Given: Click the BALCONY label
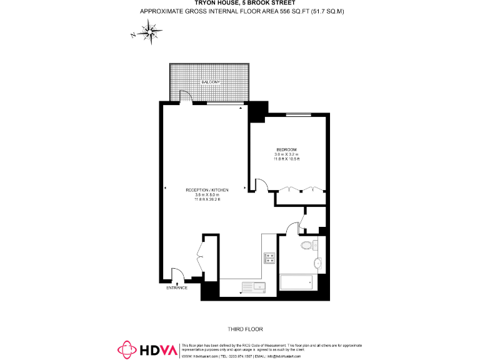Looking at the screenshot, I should [x=210, y=82].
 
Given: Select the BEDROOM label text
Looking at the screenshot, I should [x=286, y=149].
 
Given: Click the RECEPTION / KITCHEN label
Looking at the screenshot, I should [x=207, y=190].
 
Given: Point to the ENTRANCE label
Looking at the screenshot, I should [x=177, y=288].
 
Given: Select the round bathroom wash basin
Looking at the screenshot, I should [x=319, y=263].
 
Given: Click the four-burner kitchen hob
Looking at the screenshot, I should [x=270, y=257].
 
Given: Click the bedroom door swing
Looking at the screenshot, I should [x=261, y=184].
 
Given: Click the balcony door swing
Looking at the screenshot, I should [x=186, y=96].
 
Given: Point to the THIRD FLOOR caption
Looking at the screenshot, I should [x=246, y=329].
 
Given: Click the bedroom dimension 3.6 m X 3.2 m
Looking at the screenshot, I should [x=286, y=154].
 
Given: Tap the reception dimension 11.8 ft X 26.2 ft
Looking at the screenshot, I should [x=207, y=199].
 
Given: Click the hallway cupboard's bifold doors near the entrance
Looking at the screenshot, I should [x=201, y=256].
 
